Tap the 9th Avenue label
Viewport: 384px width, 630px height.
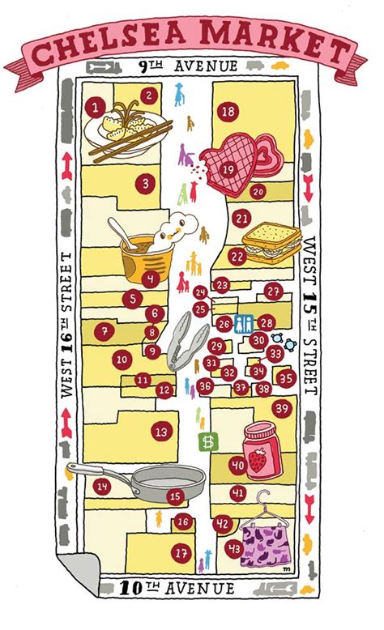point(192,66)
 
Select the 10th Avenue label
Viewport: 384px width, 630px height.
point(191,589)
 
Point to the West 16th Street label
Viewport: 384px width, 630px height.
point(66,324)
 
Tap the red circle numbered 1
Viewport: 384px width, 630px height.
point(96,106)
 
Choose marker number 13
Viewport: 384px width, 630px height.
point(162,432)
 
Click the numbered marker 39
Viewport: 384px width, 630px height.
point(281,409)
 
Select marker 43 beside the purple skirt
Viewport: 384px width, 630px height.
point(234,548)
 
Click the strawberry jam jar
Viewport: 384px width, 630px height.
point(262,450)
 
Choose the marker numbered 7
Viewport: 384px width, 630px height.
point(103,330)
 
